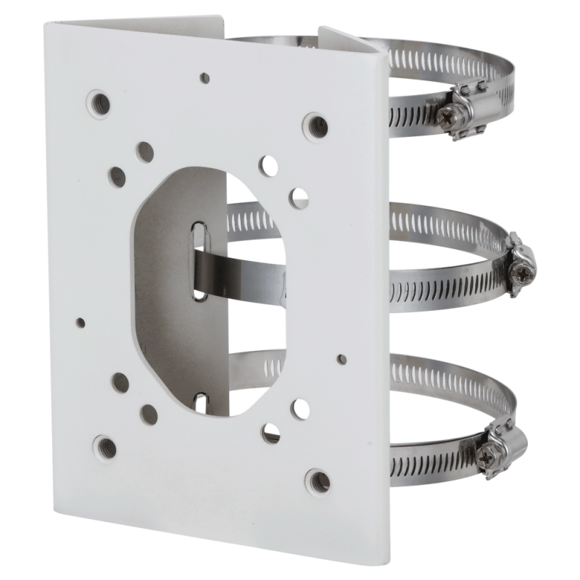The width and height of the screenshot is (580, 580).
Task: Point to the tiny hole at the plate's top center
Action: pyautogui.click(x=205, y=75)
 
